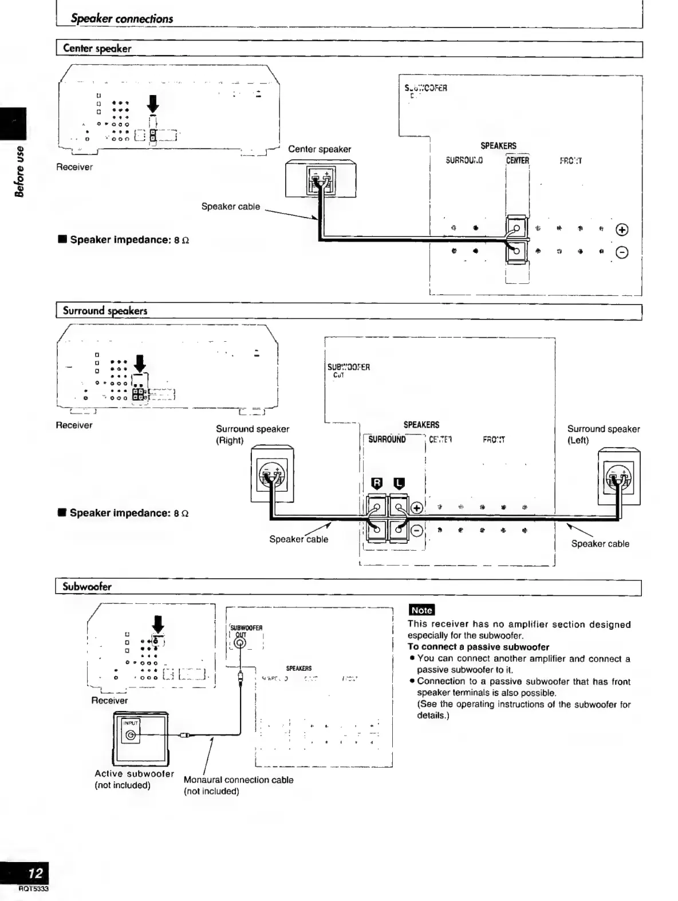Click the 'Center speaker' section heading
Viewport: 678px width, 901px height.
tap(97, 49)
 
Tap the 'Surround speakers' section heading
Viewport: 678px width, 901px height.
tap(105, 311)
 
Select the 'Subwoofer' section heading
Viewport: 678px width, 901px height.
tap(87, 587)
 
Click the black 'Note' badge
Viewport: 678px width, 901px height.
tap(421, 610)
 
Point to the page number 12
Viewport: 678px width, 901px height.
tap(36, 874)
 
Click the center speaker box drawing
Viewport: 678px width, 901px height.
tap(320, 179)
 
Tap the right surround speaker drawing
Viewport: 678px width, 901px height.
tap(272, 474)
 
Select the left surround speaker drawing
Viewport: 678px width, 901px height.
tap(619, 477)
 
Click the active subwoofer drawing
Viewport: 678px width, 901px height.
tap(141, 738)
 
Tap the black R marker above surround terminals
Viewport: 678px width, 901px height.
tap(377, 483)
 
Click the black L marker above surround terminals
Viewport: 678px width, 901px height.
tap(399, 483)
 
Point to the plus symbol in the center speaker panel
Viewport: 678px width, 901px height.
tap(622, 230)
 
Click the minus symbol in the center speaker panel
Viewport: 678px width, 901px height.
tap(622, 252)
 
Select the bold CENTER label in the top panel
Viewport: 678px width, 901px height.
tap(518, 160)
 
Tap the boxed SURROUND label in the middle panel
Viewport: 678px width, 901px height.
tap(387, 440)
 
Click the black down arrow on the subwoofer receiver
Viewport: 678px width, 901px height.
tap(159, 625)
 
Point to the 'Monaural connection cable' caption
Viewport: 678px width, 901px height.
tap(238, 780)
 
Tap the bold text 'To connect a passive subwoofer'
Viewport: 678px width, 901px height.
tap(478, 647)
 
